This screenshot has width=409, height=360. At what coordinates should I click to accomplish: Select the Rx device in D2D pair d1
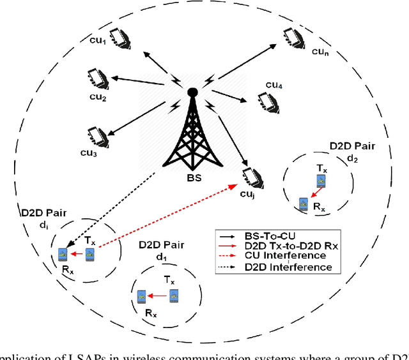point(141,295)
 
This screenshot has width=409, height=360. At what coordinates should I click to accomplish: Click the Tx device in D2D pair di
point(90,255)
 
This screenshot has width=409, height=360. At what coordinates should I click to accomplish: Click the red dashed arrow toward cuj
point(166,218)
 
